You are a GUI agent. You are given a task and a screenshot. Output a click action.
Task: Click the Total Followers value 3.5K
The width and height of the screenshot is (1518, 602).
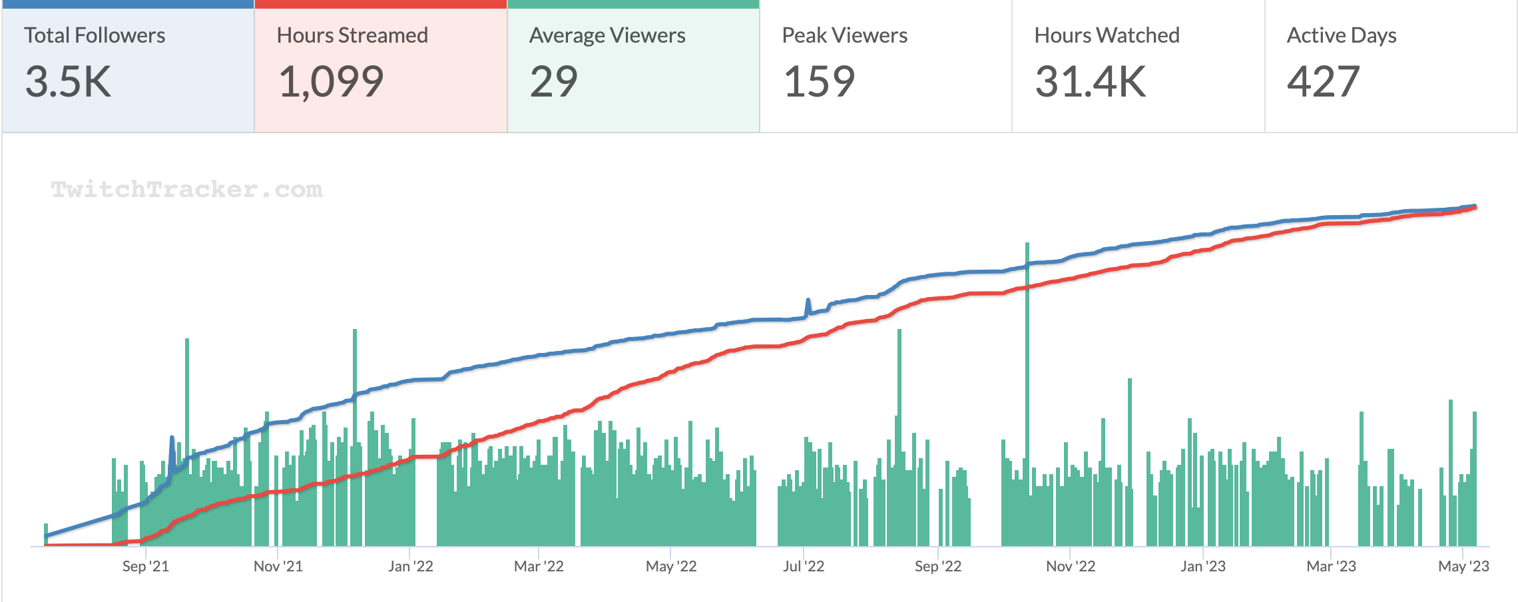coord(68,82)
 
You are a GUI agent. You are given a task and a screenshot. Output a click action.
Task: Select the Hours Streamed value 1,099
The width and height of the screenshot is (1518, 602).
coord(331,82)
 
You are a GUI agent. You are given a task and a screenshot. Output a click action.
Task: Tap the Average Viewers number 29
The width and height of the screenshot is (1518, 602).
coord(553,82)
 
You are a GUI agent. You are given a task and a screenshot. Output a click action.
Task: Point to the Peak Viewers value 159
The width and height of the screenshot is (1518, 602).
coord(819,82)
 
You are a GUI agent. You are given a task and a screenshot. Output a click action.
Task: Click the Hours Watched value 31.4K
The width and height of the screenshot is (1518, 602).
coord(1090,82)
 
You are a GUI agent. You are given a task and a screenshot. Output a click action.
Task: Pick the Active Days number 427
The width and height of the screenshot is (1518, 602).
coord(1323,82)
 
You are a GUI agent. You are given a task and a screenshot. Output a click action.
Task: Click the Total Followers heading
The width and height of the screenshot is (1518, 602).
coord(95,35)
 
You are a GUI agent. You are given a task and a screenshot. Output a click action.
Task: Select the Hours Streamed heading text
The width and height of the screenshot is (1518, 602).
coord(352,35)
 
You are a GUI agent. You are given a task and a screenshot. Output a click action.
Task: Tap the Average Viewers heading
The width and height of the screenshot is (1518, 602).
coord(607,35)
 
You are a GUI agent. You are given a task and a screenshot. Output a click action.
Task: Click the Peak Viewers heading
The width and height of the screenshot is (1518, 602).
coord(844,35)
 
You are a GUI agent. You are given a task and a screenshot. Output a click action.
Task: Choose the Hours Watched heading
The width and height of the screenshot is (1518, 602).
coord(1107,35)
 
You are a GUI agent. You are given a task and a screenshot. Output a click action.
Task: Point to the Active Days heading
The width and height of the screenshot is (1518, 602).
coord(1342,35)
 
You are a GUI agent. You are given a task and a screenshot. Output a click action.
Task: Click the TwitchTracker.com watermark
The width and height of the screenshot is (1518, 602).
coord(186,190)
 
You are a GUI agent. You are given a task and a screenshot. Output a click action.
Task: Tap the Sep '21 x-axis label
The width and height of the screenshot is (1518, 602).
coord(145,566)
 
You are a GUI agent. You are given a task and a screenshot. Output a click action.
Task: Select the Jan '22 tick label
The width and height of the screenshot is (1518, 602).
coord(410,566)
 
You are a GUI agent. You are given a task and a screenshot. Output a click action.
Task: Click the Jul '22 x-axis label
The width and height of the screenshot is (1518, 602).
coord(803,566)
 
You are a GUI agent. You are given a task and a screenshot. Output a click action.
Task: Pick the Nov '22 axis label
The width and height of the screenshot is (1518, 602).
coord(1070,566)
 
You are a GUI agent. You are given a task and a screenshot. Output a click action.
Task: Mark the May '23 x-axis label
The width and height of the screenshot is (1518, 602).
coord(1463,566)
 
